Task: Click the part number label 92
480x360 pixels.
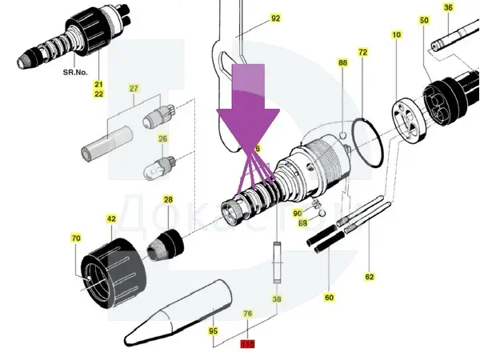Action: coord(276,18)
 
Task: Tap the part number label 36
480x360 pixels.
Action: coord(448,8)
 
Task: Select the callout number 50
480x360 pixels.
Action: coord(424,20)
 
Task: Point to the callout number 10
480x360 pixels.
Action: coord(396,35)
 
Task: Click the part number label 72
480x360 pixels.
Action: coord(362,52)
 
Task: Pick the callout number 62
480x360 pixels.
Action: coord(370,277)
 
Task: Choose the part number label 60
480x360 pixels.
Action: coord(329,298)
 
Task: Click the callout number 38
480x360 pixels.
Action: coord(277,299)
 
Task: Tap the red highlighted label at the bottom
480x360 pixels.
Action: coord(248,345)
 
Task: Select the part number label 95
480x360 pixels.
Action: coord(214,330)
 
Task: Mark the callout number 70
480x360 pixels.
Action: coord(76,238)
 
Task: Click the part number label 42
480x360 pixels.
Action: coord(111,218)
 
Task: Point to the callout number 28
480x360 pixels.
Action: coord(168,199)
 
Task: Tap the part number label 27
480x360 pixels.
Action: coord(134,88)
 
